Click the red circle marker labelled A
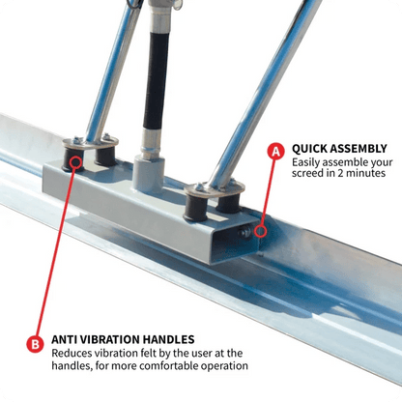[x=275, y=151]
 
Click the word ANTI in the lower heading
[x=67, y=339]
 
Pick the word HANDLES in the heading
[x=171, y=339]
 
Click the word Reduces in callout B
[x=74, y=353]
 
